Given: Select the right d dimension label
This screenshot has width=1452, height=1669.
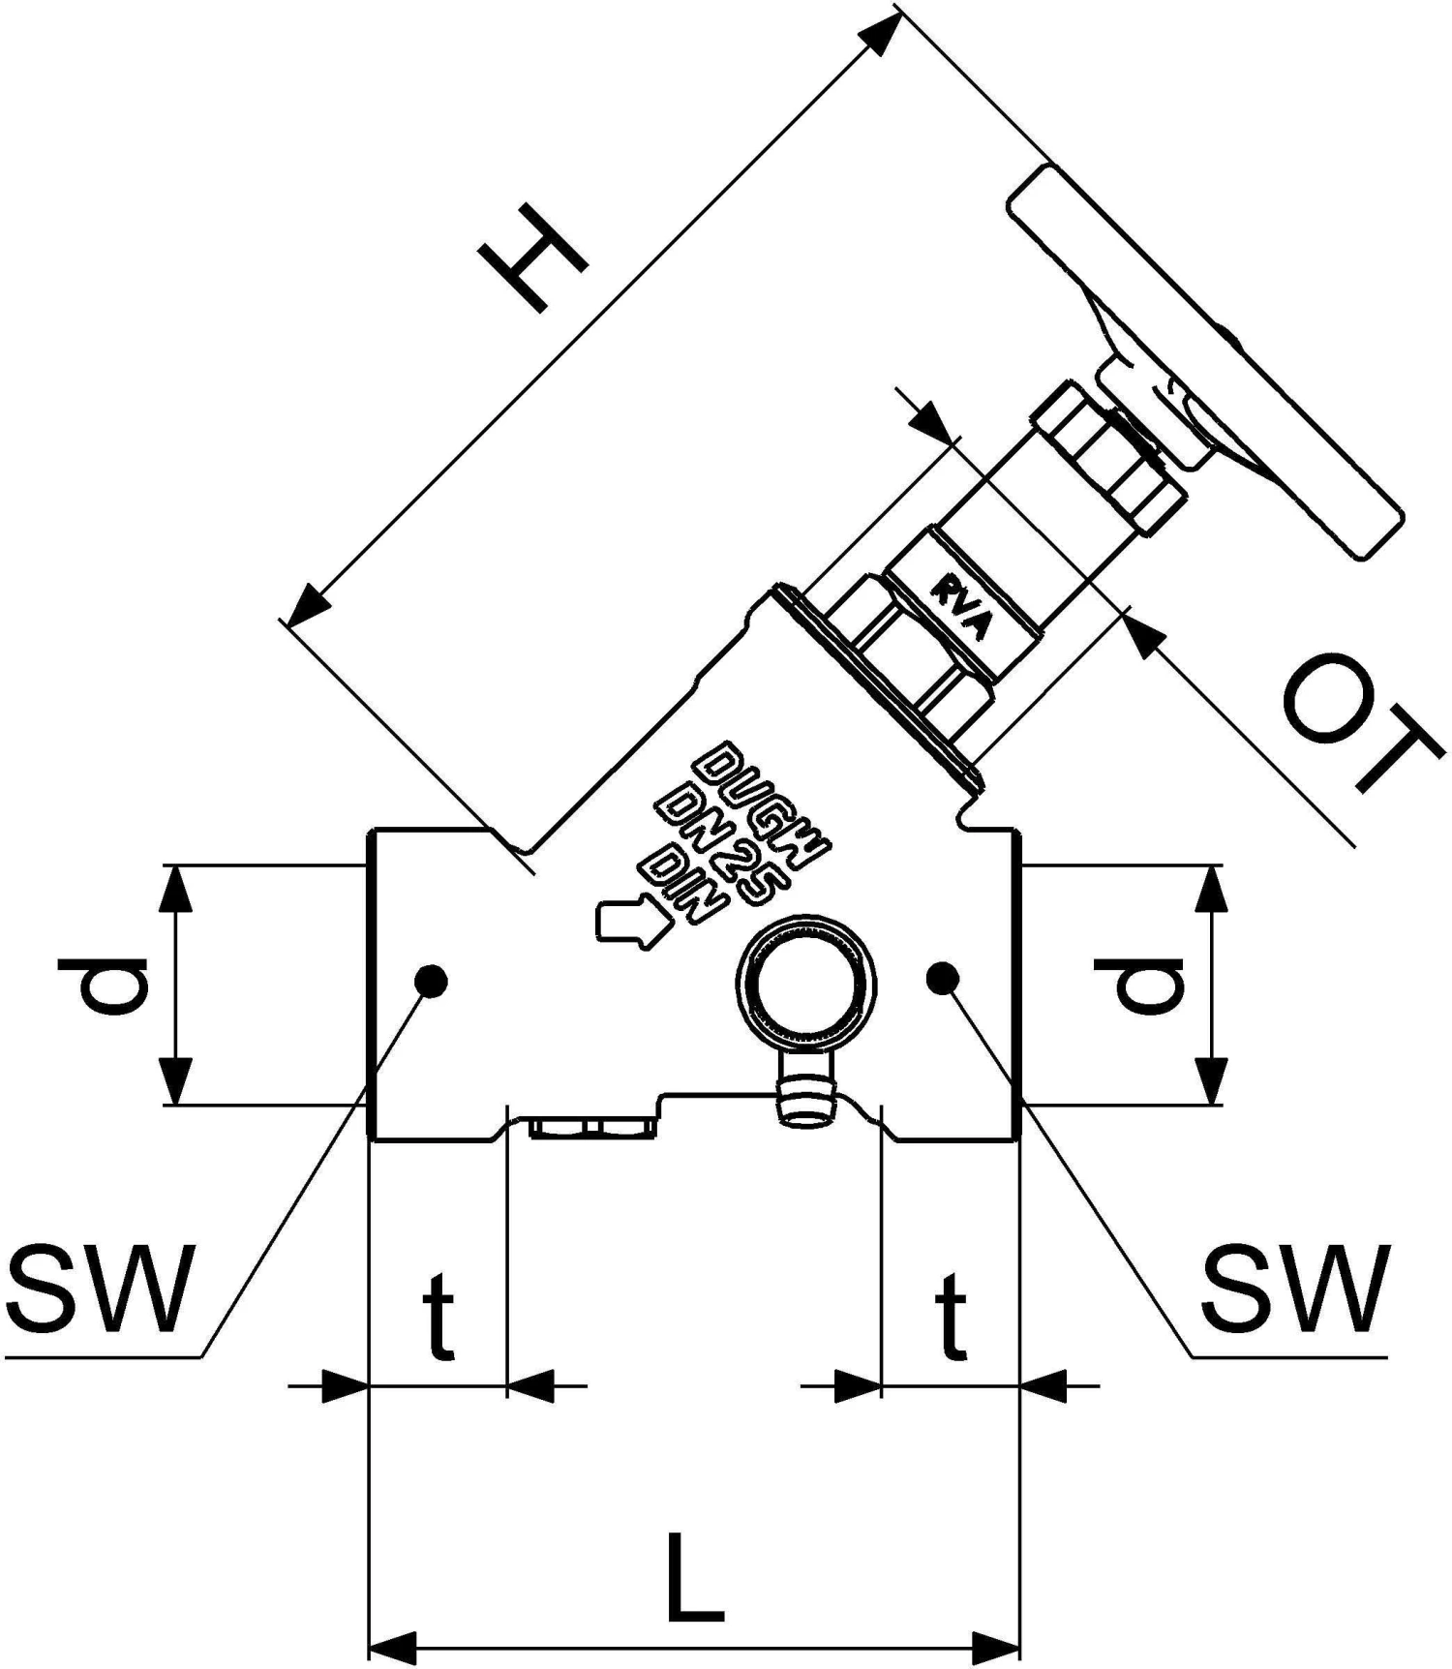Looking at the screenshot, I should [1149, 985].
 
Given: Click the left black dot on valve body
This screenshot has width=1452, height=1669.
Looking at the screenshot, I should [431, 981].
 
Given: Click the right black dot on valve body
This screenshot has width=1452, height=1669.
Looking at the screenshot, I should [942, 979].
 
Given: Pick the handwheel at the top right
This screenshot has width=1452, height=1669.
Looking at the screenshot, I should [1205, 363].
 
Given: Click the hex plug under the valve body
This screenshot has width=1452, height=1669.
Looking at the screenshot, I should [591, 1128].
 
